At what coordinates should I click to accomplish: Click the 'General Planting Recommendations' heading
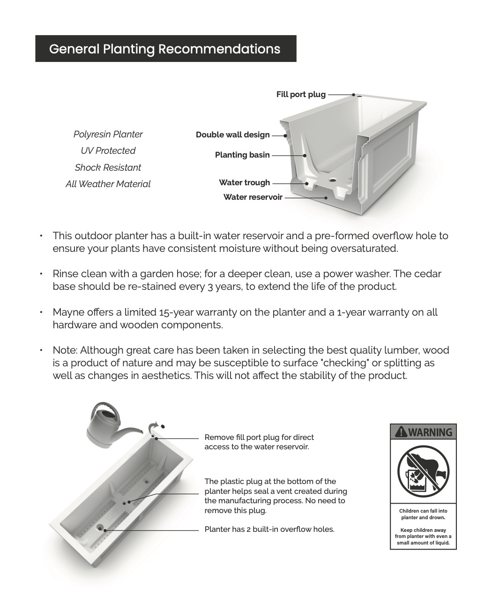164,49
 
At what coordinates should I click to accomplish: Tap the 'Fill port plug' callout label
300,94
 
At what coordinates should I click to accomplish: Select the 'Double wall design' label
232,135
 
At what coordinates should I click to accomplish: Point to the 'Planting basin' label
242,155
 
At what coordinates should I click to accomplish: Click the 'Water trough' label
244,182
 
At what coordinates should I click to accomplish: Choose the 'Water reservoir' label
253,197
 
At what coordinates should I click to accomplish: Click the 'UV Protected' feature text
108,151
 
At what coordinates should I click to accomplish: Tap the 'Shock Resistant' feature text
108,167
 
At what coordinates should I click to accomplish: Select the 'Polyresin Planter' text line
108,134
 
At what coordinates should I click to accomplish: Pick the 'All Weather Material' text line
108,184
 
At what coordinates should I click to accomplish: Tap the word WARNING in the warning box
430,432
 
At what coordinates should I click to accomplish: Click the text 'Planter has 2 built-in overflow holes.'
269,530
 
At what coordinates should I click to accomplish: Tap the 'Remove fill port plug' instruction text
259,442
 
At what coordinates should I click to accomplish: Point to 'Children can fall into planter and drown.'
423,514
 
